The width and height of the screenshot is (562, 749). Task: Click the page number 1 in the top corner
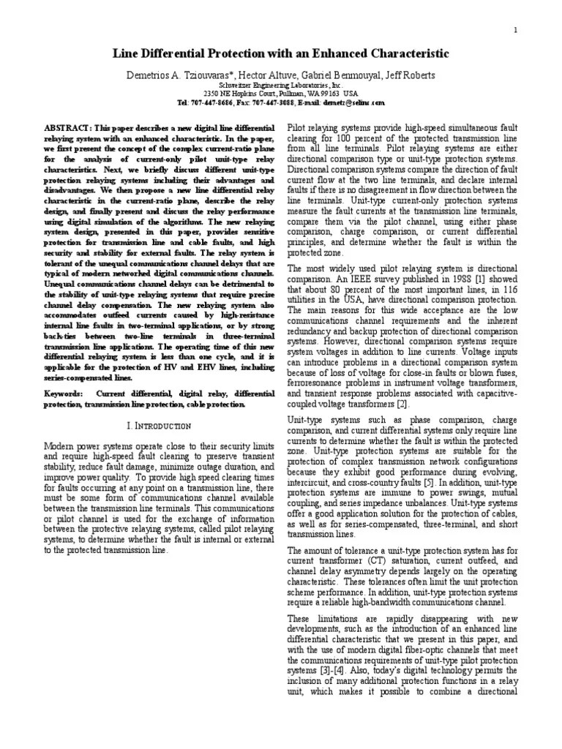[516, 30]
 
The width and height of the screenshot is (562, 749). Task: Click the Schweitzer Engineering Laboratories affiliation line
[280, 85]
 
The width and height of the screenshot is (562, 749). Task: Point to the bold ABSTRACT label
[68, 127]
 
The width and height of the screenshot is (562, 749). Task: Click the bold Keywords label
[65, 394]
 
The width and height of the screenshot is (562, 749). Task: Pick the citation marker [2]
[402, 402]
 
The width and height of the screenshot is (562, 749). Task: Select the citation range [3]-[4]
[334, 670]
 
